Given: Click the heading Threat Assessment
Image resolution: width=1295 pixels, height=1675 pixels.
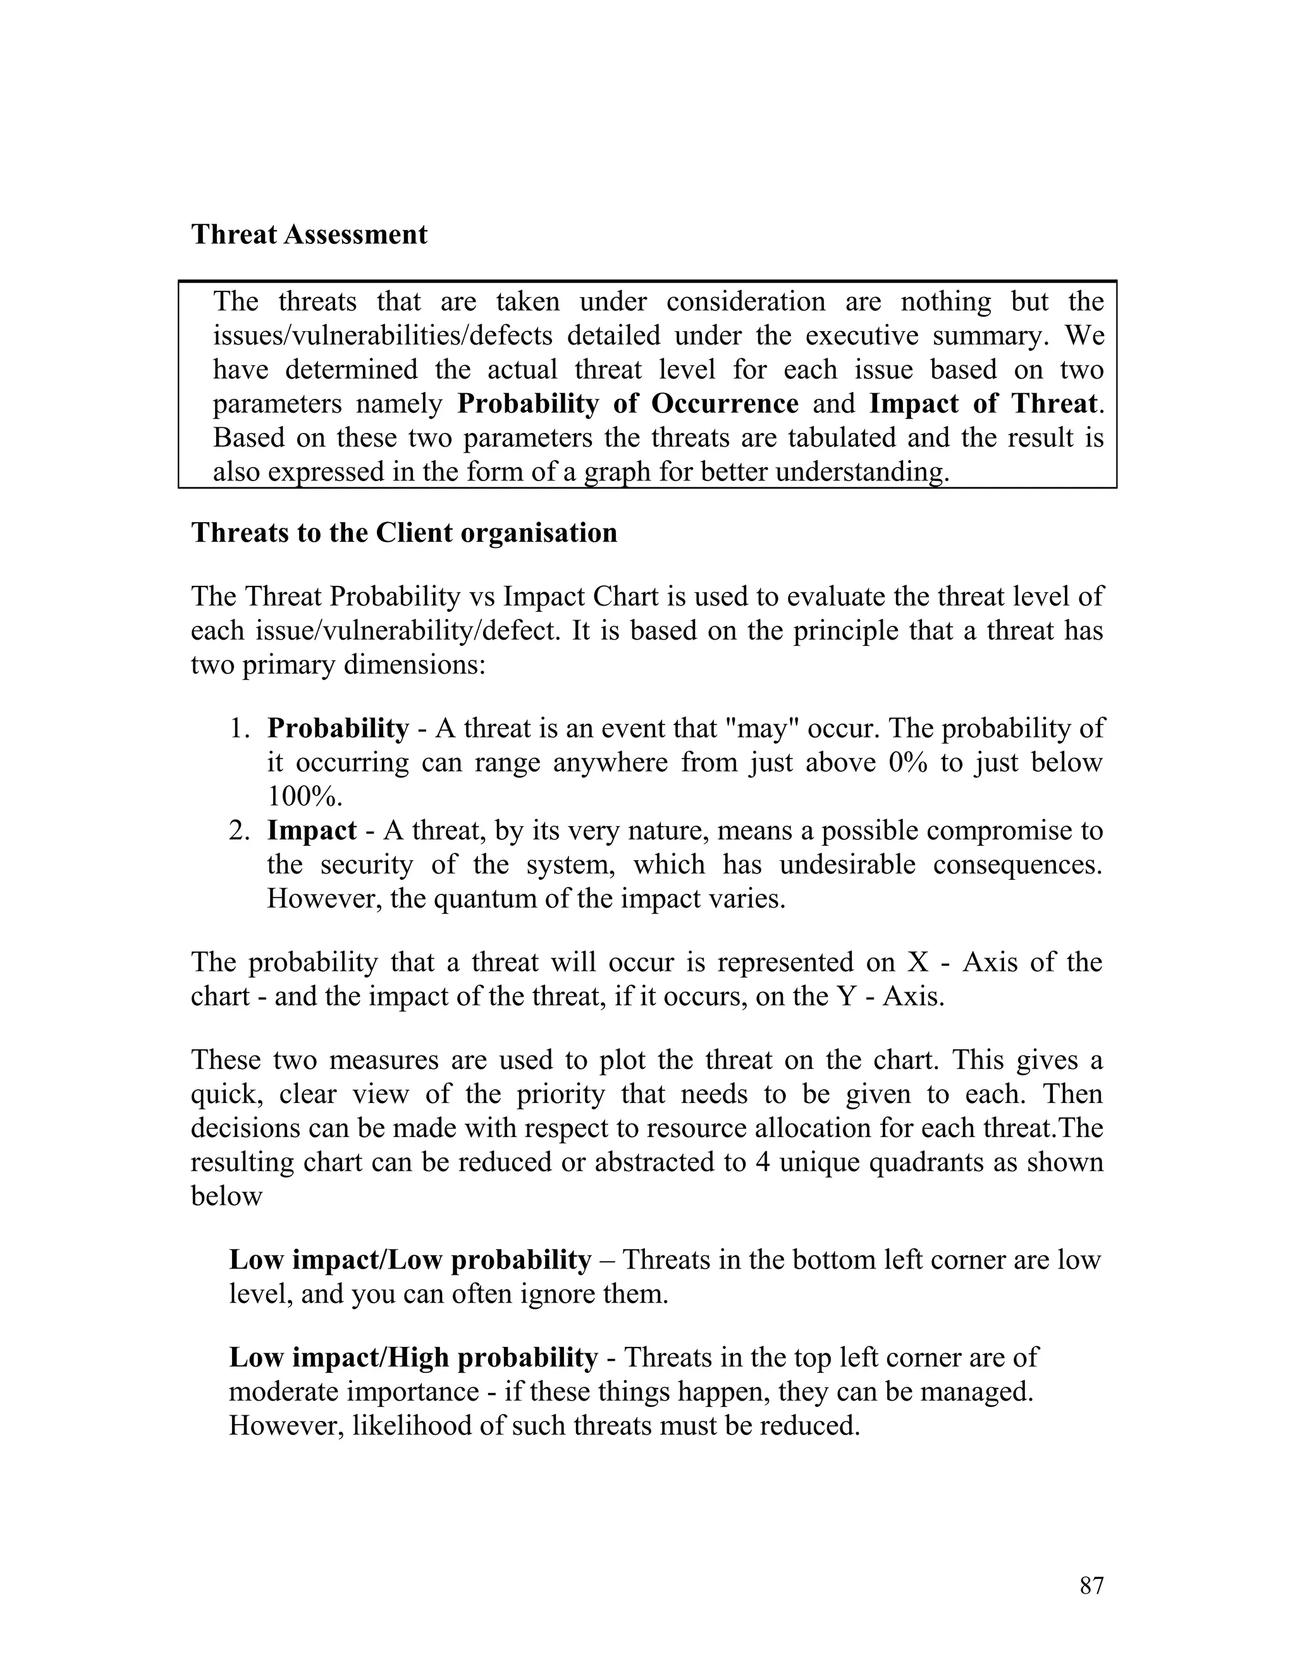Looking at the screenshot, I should pyautogui.click(x=309, y=234).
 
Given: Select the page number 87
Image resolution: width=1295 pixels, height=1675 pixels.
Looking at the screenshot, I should pyautogui.click(x=1091, y=1585).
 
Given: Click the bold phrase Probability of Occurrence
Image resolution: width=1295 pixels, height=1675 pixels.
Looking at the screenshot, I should pyautogui.click(x=627, y=404).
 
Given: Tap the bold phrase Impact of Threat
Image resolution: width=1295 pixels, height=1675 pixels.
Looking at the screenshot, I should pyautogui.click(x=983, y=404).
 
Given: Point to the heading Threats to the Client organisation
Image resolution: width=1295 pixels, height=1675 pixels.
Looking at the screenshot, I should pyautogui.click(x=403, y=533).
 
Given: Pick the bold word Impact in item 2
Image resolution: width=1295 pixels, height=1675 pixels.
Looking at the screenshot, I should pyautogui.click(x=312, y=831).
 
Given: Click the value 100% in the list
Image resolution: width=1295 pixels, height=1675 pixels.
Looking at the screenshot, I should pyautogui.click(x=304, y=797).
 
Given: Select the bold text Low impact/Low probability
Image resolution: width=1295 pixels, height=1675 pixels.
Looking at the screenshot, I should pyautogui.click(x=410, y=1260).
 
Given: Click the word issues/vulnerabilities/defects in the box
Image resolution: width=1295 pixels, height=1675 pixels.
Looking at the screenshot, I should pyautogui.click(x=382, y=336).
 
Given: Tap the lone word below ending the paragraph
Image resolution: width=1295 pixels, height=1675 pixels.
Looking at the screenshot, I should pyautogui.click(x=226, y=1197).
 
